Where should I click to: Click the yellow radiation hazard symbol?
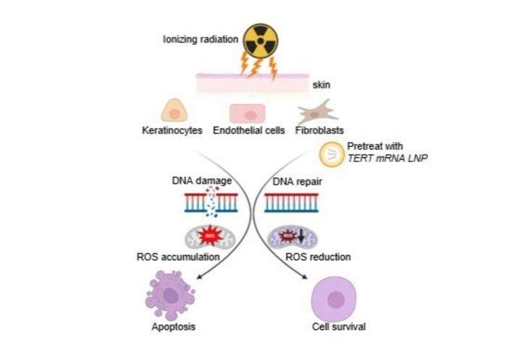point(260,41)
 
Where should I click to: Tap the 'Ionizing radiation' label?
point(201,39)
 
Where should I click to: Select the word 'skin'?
point(322,85)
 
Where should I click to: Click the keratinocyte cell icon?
point(175,110)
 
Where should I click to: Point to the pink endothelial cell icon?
point(248,114)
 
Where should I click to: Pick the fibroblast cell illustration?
point(317,112)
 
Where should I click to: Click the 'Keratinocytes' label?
point(172,130)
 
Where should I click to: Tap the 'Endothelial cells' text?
point(248,130)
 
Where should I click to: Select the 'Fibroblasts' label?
point(319,130)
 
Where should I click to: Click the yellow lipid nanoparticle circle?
point(332,154)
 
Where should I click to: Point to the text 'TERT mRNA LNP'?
point(387,158)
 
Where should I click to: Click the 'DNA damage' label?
point(202,180)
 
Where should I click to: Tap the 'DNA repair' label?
point(297,182)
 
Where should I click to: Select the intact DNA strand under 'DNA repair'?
point(291,203)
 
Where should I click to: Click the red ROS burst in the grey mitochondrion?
point(210,235)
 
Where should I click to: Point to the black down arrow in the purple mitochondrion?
point(301,236)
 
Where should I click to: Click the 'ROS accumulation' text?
point(178,257)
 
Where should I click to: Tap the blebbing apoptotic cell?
point(170,295)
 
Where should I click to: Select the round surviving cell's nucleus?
point(336,299)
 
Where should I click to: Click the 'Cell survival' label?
point(339,327)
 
